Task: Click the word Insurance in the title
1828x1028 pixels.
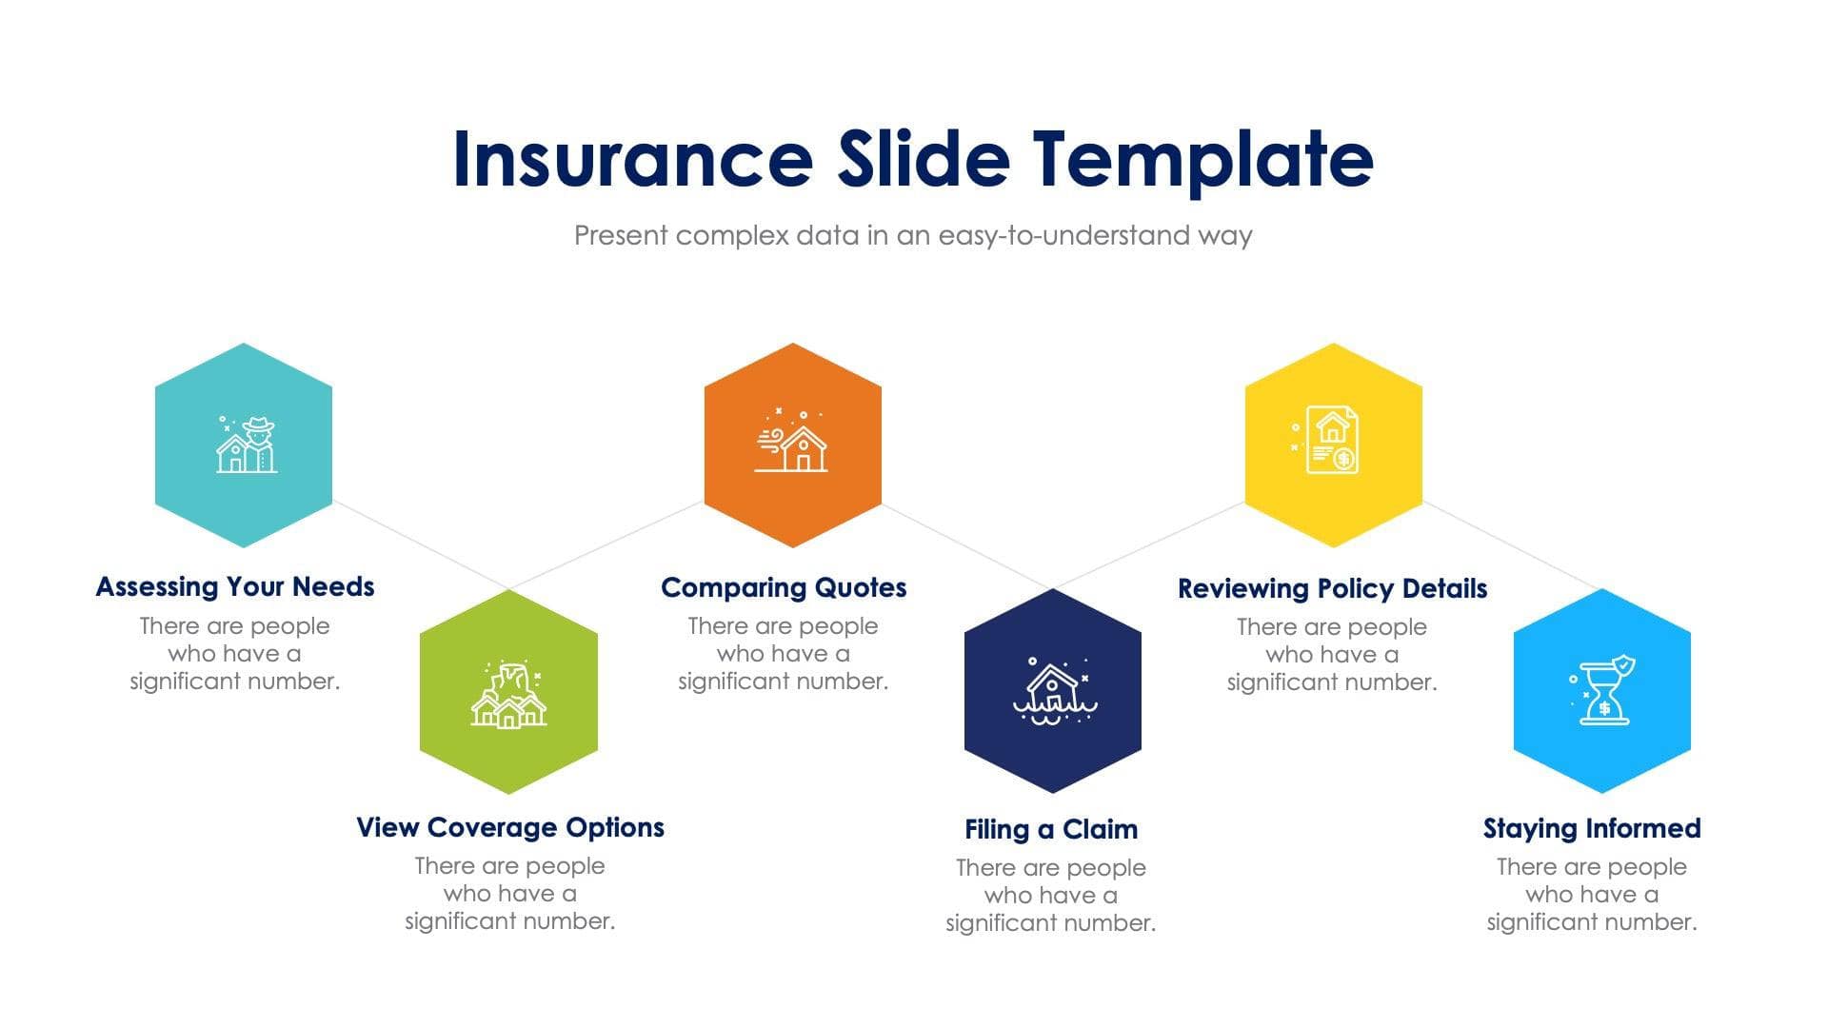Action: (632, 159)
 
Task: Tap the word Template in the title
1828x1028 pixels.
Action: (1203, 159)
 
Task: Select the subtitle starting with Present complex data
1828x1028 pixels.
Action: (912, 235)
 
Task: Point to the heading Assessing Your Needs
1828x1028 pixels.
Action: (235, 586)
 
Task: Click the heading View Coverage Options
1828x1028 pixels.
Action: (509, 827)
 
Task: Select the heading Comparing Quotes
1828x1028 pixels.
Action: (783, 587)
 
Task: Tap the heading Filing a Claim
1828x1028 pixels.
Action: (1051, 829)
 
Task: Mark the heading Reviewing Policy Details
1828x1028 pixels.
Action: (1332, 588)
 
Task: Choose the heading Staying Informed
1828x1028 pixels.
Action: (1591, 828)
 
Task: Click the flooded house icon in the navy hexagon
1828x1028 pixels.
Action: (1053, 693)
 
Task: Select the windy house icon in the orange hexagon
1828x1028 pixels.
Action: (792, 443)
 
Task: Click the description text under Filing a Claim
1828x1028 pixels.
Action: (1050, 895)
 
